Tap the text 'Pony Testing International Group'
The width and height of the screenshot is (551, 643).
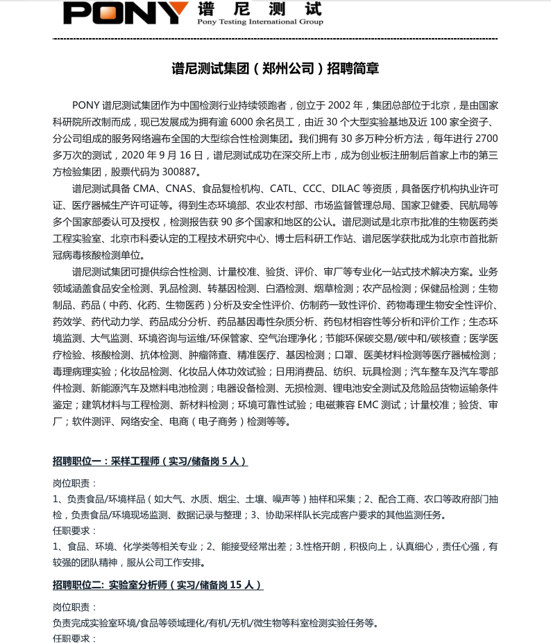click(x=260, y=22)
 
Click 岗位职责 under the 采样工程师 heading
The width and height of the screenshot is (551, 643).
click(x=72, y=482)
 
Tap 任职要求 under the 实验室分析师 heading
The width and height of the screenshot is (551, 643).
click(x=72, y=638)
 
